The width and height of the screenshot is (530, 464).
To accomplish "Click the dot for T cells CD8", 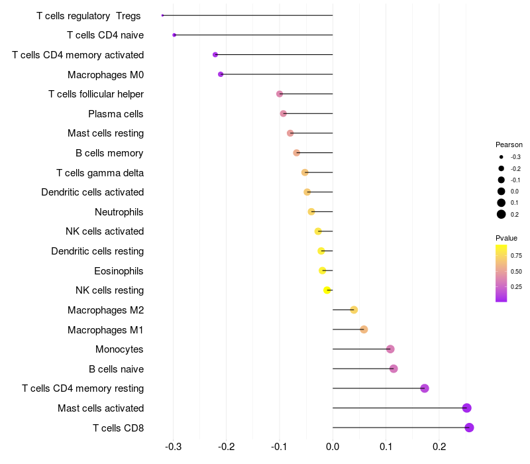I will [469, 428].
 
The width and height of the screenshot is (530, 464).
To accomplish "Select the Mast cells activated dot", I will [466, 408].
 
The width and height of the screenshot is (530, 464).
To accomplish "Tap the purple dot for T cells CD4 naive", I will [174, 35].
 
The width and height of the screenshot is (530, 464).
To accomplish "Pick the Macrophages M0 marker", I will [221, 74].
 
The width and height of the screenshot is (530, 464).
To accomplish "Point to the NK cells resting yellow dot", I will [327, 290].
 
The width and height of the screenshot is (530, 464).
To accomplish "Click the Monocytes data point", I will [390, 349].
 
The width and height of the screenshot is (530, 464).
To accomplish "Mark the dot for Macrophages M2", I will [354, 310].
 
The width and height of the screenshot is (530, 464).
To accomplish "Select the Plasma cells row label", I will [116, 114].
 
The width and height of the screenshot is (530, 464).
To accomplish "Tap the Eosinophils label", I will [119, 271].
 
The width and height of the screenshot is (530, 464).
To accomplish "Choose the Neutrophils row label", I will [119, 212].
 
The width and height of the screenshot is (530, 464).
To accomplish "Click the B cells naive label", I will [116, 369].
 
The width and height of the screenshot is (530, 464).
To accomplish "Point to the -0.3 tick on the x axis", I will [174, 447].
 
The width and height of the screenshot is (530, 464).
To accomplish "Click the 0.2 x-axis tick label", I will [439, 447].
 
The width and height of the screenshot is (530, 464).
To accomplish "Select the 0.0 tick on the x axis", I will [333, 447].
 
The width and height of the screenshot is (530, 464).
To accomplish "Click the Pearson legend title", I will [509, 145].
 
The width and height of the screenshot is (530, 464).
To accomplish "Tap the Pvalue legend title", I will [506, 238].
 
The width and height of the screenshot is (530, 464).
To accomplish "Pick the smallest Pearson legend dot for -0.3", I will [502, 157].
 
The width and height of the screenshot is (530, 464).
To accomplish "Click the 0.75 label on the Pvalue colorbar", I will [516, 255].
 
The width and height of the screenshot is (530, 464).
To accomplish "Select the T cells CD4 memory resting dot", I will [425, 388].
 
